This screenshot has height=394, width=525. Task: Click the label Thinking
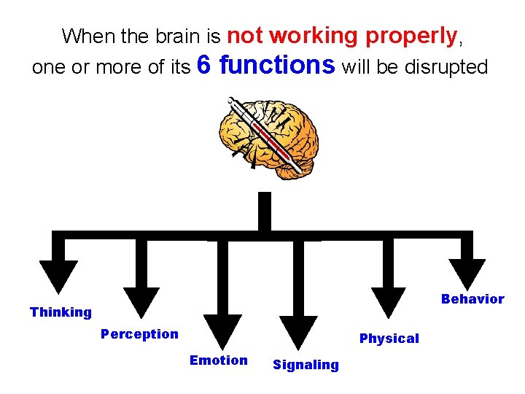click(x=61, y=312)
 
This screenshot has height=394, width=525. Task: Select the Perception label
click(x=139, y=334)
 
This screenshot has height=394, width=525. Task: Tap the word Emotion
click(x=218, y=360)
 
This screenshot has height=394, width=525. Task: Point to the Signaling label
click(x=306, y=365)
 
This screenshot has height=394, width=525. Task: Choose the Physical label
click(x=389, y=339)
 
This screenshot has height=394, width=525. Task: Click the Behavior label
click(x=472, y=299)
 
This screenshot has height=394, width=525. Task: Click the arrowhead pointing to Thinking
click(x=59, y=277)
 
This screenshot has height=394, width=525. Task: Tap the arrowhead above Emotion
click(x=222, y=328)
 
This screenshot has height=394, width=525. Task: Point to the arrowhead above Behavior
click(x=467, y=276)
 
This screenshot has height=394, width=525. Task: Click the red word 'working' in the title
click(x=316, y=35)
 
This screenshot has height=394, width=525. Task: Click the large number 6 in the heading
click(x=205, y=66)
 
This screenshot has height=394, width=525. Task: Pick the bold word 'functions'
click(x=277, y=66)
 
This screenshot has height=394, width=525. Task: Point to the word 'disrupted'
click(x=446, y=67)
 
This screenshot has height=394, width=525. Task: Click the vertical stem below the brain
click(x=264, y=212)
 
